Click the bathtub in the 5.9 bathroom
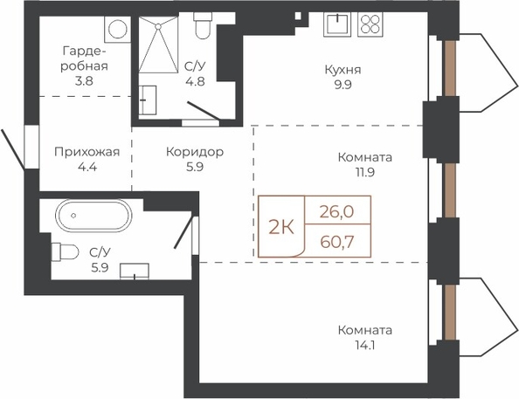click(93, 216)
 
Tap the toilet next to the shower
click(202, 26)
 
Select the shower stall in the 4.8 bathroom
click(158, 45)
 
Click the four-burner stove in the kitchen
click(370, 24)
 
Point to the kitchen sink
click(337, 24)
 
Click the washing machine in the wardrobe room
click(118, 29)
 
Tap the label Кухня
click(343, 70)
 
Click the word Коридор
click(195, 152)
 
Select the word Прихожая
click(87, 152)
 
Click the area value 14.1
click(364, 346)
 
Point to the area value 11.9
click(364, 172)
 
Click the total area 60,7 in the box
click(337, 242)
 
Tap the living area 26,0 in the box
click(337, 211)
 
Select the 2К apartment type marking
click(281, 227)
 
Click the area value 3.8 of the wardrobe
click(84, 80)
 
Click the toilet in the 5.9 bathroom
click(65, 252)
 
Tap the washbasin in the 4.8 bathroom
click(148, 100)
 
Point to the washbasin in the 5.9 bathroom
click(135, 272)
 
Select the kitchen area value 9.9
click(343, 85)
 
